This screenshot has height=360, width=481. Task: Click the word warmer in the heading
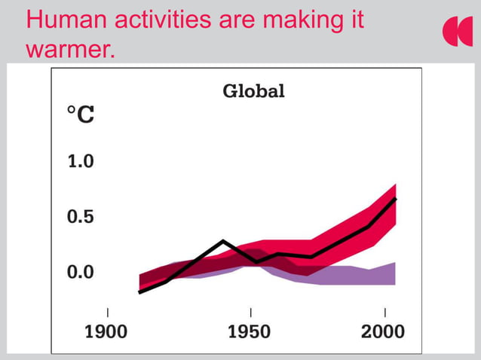coord(70,50)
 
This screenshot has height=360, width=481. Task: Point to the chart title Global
coord(253,92)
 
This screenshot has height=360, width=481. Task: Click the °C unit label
coord(81,115)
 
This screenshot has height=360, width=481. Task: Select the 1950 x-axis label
coord(250,332)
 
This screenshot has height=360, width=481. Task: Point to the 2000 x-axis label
coord(382,332)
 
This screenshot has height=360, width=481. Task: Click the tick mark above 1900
coord(107,312)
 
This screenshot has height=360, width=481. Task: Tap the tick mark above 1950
coord(250,312)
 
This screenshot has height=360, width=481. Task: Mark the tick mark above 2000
coord(385,312)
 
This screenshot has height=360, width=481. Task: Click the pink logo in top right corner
coord(457,32)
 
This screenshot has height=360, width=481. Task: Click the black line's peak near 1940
coord(223,241)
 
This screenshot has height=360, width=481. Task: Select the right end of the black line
coord(396,199)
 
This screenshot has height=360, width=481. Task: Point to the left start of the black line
coord(139,292)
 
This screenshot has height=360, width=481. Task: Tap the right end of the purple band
coord(395,273)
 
